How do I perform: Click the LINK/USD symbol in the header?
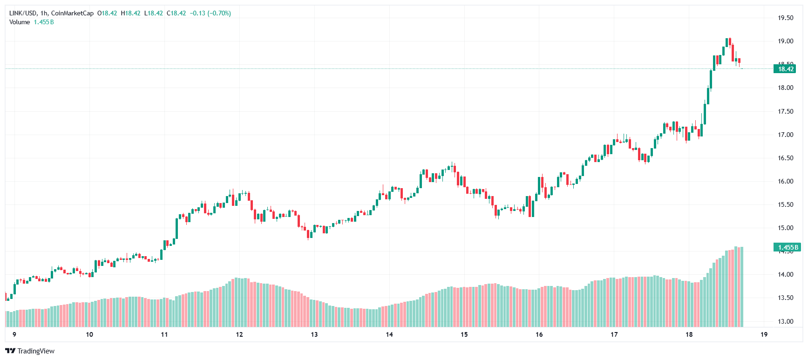(22, 13)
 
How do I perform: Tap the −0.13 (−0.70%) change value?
(210, 13)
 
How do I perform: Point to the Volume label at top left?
(20, 22)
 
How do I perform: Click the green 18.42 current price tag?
(786, 69)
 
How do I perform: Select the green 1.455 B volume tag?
(787, 247)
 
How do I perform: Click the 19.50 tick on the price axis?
(785, 18)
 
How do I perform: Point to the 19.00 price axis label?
(785, 41)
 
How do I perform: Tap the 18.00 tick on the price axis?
(785, 88)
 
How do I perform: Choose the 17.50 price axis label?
(785, 111)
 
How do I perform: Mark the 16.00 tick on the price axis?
(785, 181)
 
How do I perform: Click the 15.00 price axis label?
(785, 228)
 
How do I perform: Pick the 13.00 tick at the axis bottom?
(785, 321)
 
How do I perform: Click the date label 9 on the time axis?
(14, 334)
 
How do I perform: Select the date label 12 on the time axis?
(239, 334)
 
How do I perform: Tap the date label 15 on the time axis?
(464, 334)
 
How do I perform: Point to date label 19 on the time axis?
(764, 334)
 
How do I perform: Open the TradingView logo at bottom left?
(30, 351)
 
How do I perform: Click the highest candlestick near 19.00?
(729, 42)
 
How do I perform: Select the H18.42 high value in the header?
(130, 13)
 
